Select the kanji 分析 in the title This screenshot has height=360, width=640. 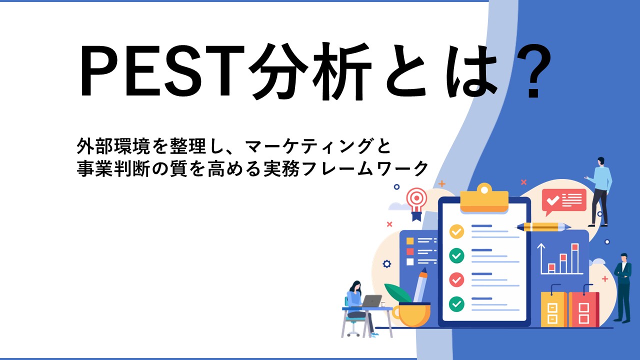click(x=310, y=71)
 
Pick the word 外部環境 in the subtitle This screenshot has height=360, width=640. click(x=113, y=146)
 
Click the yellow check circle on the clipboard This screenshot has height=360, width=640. click(x=456, y=231)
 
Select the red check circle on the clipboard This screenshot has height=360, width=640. click(x=456, y=279)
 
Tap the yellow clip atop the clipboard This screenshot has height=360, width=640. click(x=484, y=198)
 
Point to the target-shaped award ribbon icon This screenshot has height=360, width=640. click(x=417, y=203)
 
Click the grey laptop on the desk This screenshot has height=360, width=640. click(x=371, y=301)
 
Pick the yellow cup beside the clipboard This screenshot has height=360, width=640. click(x=412, y=314)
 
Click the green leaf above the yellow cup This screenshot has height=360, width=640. click(x=397, y=292)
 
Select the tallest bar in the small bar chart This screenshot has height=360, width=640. click(x=575, y=258)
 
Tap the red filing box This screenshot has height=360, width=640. click(x=583, y=308)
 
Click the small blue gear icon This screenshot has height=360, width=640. click(x=387, y=263)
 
